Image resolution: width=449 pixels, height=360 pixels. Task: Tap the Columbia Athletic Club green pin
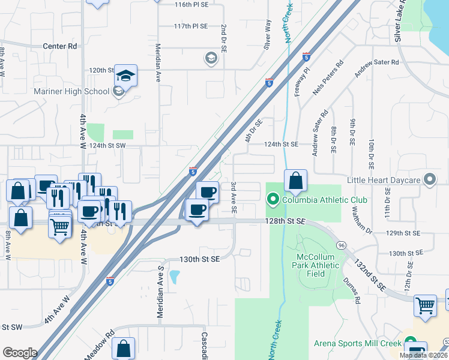pyautogui.click(x=273, y=199)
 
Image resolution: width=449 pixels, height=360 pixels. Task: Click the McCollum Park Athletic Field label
pyautogui.click(x=319, y=265)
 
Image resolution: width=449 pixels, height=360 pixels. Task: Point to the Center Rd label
pyautogui.click(x=60, y=46)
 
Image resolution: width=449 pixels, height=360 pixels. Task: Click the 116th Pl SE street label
pyautogui.click(x=191, y=4)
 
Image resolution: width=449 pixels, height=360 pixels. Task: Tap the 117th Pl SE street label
pyautogui.click(x=191, y=26)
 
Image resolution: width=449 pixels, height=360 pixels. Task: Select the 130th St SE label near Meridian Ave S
pyautogui.click(x=200, y=259)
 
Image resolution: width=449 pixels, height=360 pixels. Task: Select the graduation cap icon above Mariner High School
pyautogui.click(x=126, y=76)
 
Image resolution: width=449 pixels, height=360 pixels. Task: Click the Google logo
pyautogui.click(x=20, y=352)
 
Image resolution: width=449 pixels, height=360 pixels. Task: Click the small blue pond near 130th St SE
pyautogui.click(x=175, y=277)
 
